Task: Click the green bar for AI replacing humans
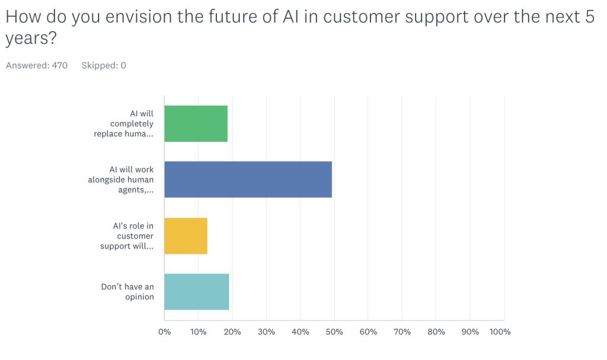tap(196, 124)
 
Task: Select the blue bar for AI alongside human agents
tap(248, 180)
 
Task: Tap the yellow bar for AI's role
tap(186, 236)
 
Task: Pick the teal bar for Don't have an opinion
tap(196, 292)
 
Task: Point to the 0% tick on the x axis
tap(164, 332)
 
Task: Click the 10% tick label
tap(198, 332)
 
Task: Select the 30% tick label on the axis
tap(266, 332)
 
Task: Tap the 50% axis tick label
tap(334, 332)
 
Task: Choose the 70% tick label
tap(402, 332)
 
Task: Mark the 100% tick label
tap(500, 332)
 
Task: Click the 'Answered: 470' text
tap(37, 66)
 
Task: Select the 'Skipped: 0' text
tap(104, 66)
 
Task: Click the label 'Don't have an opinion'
tap(127, 292)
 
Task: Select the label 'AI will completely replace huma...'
tap(124, 124)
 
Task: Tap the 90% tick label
tap(470, 332)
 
